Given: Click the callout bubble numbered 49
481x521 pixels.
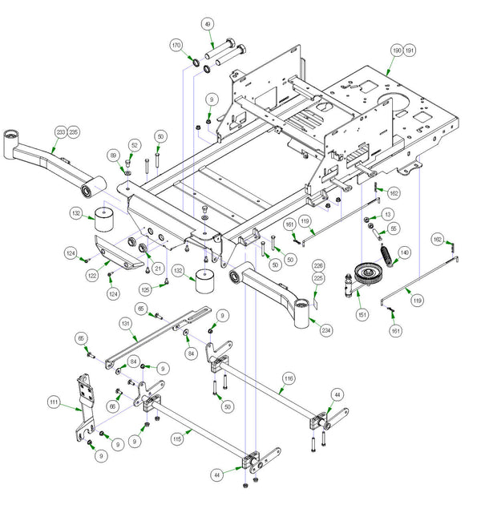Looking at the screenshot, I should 208,25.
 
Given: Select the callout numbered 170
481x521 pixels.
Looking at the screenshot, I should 176,46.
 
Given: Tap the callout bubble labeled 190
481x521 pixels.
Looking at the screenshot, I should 395,50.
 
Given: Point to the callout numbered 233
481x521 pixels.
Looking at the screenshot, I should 61,131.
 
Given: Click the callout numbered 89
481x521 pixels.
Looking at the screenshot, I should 113,155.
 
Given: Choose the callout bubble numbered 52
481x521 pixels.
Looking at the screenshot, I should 134,145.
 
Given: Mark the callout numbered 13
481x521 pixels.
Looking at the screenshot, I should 388,214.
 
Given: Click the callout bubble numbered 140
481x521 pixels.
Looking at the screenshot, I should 404,252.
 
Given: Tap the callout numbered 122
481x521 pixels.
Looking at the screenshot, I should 92,274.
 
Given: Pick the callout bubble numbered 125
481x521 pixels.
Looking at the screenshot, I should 146,289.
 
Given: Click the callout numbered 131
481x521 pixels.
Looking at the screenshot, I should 126,323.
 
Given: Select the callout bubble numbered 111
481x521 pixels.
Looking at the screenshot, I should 54,402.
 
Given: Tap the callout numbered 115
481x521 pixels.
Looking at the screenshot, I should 177,440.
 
